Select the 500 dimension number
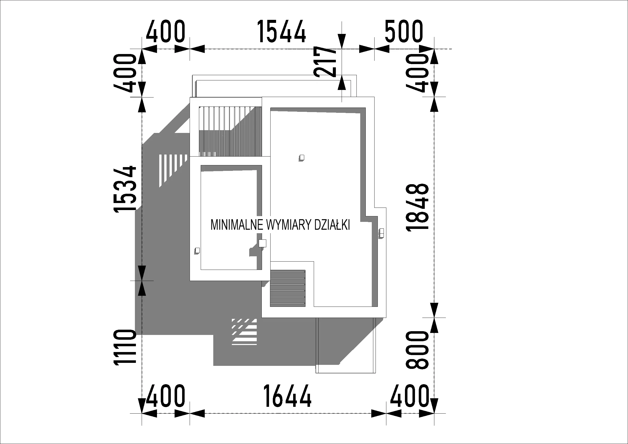point(404,31)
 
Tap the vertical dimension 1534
point(125,189)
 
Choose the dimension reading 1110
point(125,347)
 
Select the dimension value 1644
point(287,396)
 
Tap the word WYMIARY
point(289,225)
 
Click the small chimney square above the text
point(302,158)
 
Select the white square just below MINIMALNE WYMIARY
point(262,243)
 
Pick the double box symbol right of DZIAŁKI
point(382,233)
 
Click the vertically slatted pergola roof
point(230,131)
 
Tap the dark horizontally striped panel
point(288,288)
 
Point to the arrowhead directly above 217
point(342,41)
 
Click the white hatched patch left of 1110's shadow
point(244,332)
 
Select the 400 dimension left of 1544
point(166,31)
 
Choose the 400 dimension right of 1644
point(409,396)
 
